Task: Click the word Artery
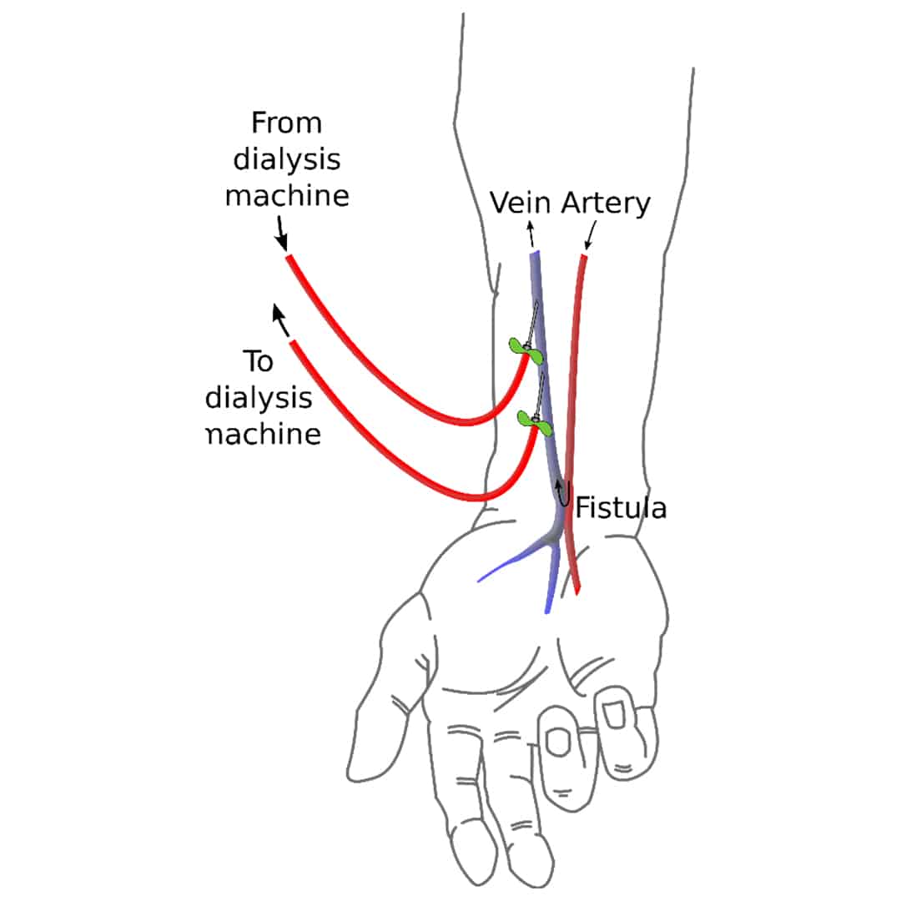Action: pyautogui.click(x=605, y=203)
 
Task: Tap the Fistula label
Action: pyautogui.click(x=621, y=507)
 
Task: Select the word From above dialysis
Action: pyautogui.click(x=286, y=123)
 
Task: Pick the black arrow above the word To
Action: pyautogui.click(x=280, y=318)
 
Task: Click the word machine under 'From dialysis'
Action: pyautogui.click(x=286, y=195)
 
